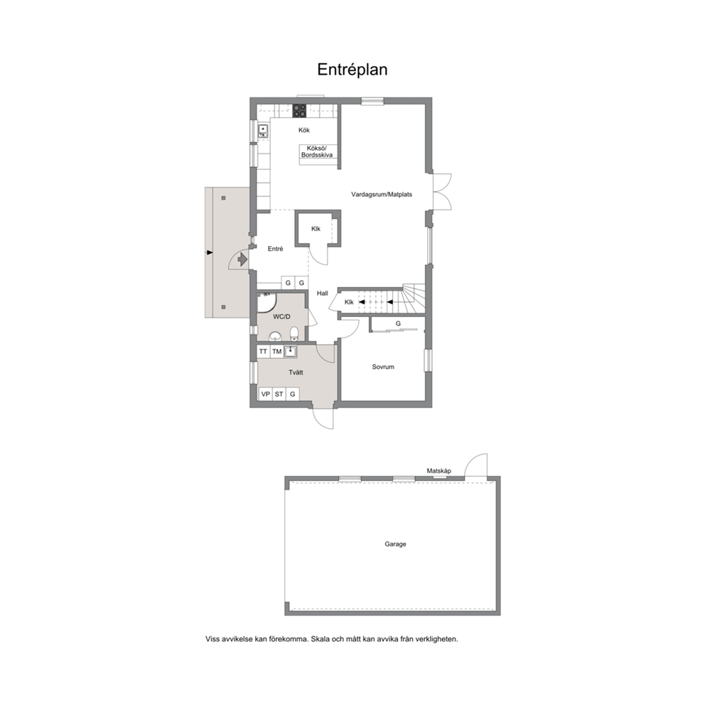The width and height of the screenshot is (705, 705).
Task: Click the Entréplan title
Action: point(352,70)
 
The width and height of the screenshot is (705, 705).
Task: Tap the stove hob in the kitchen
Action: point(299,111)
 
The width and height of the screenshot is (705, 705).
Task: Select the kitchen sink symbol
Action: point(263,131)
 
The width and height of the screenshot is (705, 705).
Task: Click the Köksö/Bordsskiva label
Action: point(317,151)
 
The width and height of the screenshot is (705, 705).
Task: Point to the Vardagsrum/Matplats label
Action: point(382,194)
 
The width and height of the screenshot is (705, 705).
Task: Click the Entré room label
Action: point(275,249)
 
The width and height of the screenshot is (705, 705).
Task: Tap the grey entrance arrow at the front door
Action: point(242,259)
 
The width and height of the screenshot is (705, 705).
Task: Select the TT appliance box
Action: point(264,352)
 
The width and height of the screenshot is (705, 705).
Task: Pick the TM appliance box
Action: point(277,352)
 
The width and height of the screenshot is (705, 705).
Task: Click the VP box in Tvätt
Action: point(266,394)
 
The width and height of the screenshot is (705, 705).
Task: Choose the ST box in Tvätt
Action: point(279,394)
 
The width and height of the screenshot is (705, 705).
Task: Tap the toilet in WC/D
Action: point(294,333)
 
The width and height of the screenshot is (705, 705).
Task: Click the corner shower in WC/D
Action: point(267,302)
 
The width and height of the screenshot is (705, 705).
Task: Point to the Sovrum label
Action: point(383,367)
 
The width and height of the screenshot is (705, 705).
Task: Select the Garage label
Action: point(395,544)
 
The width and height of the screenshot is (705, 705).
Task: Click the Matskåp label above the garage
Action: point(438,470)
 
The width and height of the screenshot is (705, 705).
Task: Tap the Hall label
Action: point(323,293)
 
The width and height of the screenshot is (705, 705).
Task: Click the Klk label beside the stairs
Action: point(349,302)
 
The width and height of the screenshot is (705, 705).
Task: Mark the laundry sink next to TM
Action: point(291,351)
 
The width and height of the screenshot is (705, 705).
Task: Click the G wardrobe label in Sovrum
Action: point(398,323)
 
